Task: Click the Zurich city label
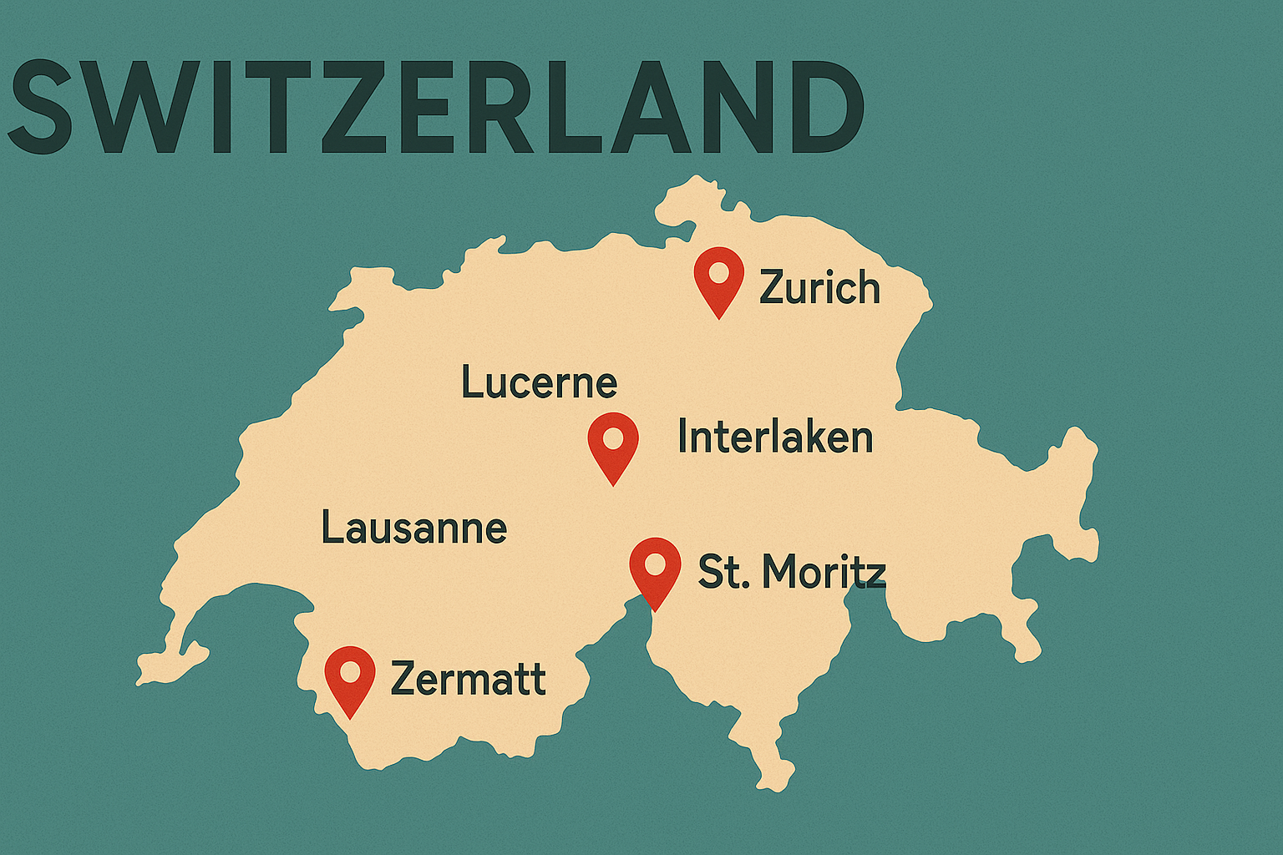click(x=819, y=288)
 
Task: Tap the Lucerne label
click(x=539, y=382)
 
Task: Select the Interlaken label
click(x=775, y=437)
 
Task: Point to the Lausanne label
click(x=414, y=528)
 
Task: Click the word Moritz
click(x=824, y=572)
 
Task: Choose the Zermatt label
click(x=468, y=678)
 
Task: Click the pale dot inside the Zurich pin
click(x=719, y=271)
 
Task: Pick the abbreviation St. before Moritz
click(x=723, y=572)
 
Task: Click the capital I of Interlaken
click(x=683, y=437)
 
